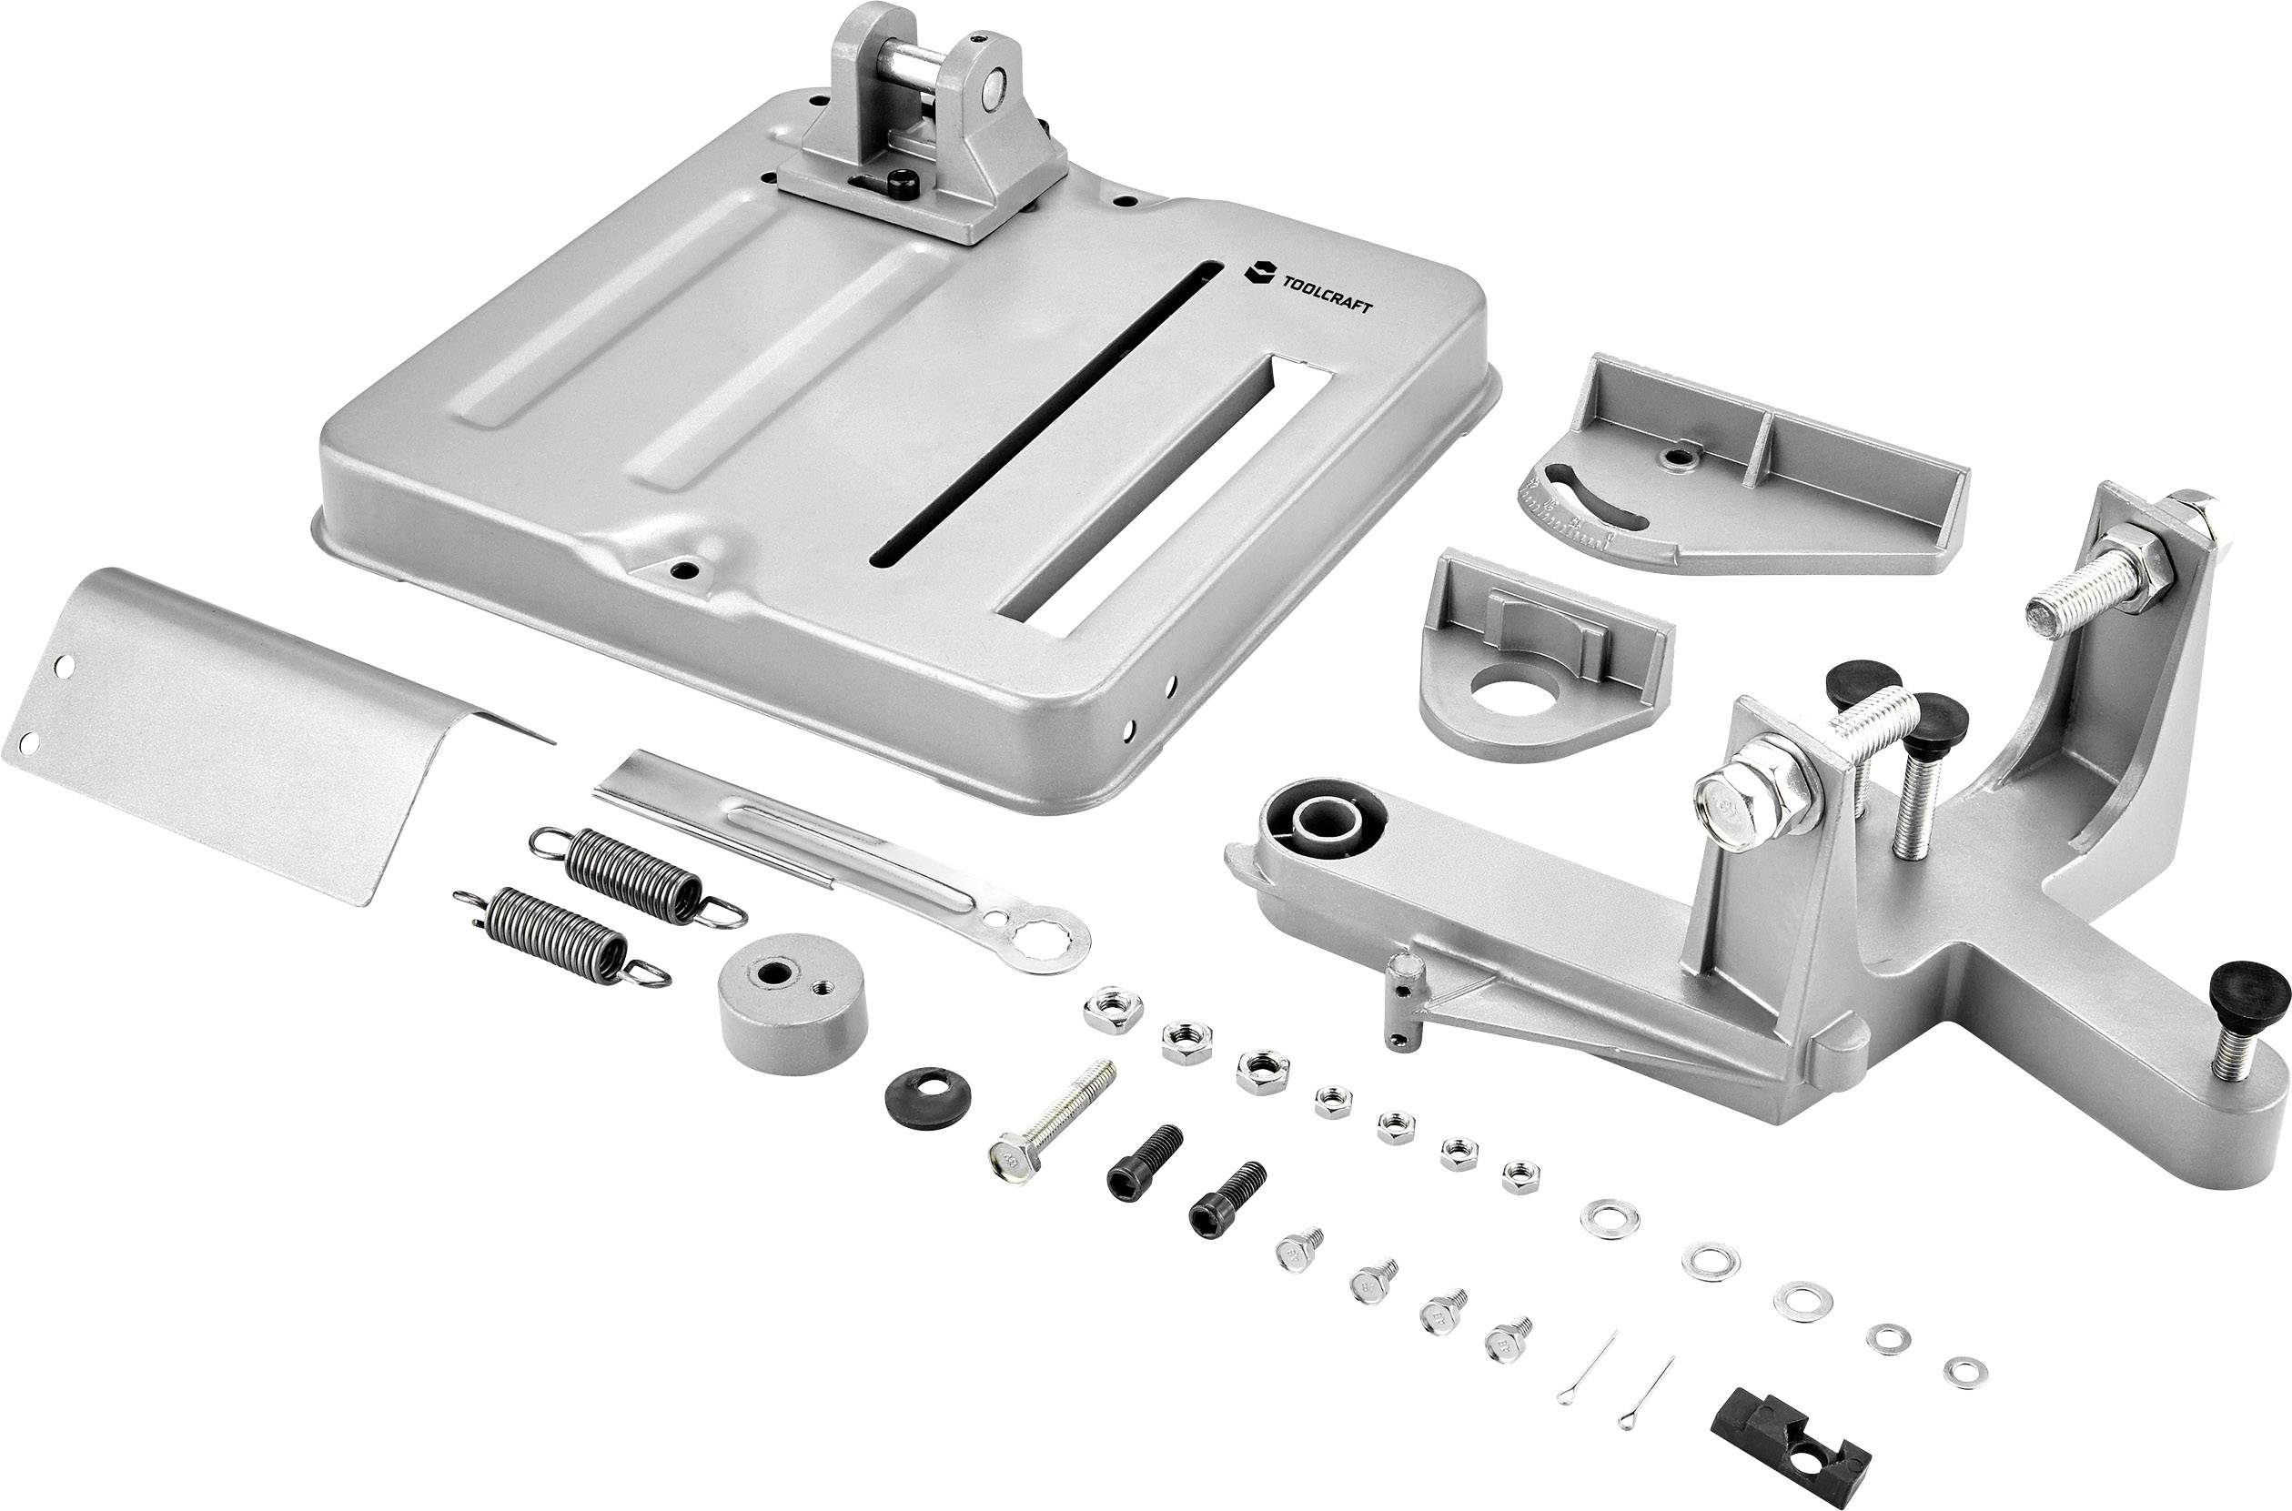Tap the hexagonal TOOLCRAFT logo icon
pyautogui.click(x=1258, y=272)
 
